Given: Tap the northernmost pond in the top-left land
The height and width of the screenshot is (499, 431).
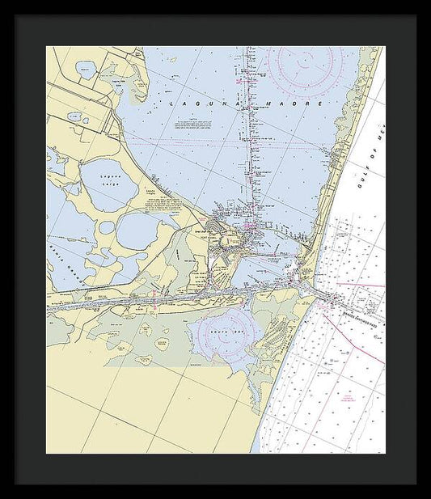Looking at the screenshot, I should tap(86, 71).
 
